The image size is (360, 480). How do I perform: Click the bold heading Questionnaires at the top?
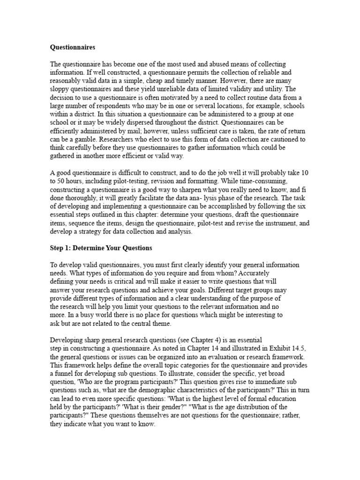73,47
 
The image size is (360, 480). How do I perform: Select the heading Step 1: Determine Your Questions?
101,247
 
